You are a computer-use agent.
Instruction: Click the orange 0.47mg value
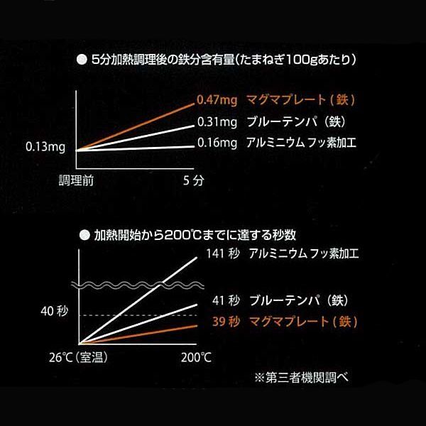coord(217,99)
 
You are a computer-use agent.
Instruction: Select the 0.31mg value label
coord(217,121)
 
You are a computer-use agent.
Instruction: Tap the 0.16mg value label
coord(217,143)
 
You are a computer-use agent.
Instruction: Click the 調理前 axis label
coord(77,181)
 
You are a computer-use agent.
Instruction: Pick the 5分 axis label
coord(193,181)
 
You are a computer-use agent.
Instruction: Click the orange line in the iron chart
coord(135,126)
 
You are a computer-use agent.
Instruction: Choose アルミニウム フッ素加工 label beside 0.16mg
coord(302,143)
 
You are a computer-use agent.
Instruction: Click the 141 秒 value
coord(222,253)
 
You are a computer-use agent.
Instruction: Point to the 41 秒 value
coord(225,300)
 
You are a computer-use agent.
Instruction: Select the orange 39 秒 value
coord(225,322)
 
